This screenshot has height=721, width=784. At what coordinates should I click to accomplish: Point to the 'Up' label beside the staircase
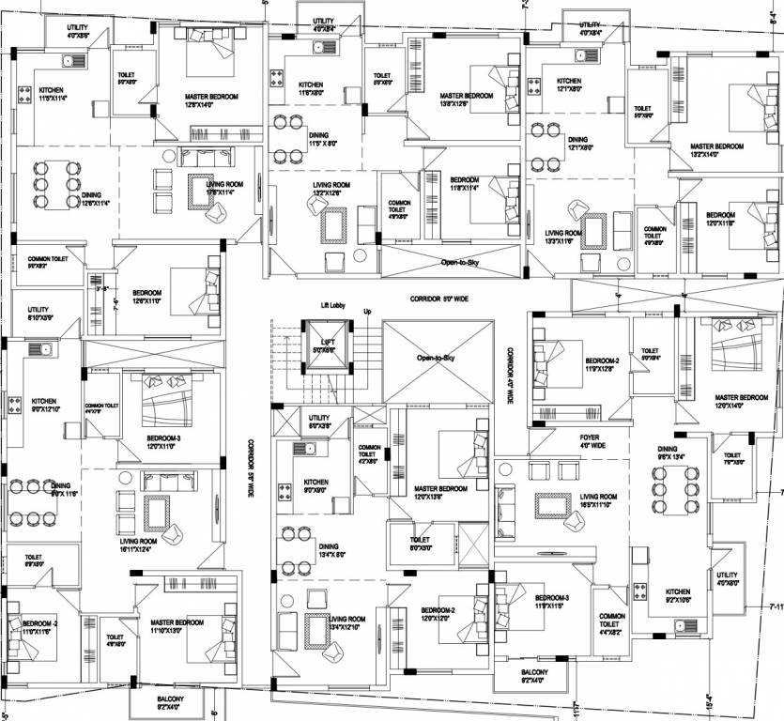tap(368, 312)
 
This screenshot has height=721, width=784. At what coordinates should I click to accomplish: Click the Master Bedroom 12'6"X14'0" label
tap(211, 100)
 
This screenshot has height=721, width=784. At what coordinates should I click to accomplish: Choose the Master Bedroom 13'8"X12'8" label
tap(466, 100)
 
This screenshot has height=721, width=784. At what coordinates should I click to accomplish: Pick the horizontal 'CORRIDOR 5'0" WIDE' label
tap(441, 299)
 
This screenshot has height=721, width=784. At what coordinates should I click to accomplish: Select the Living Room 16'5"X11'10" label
tap(598, 499)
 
